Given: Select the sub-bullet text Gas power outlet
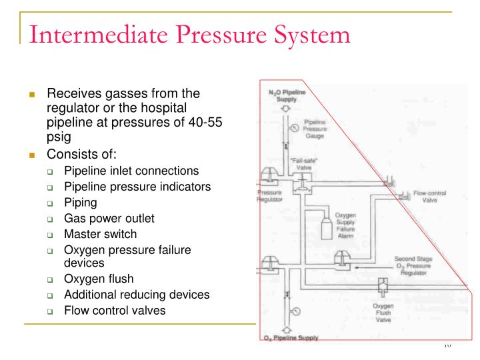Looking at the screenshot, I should (109, 218).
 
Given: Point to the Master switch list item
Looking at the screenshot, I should (100, 234).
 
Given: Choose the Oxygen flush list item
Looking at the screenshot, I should (99, 279).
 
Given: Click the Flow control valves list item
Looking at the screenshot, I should (115, 310).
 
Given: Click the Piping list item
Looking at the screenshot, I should (80, 202).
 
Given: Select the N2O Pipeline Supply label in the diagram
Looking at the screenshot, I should (287, 95).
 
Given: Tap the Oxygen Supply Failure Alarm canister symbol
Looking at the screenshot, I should (327, 227).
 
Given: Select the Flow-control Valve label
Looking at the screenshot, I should (429, 196).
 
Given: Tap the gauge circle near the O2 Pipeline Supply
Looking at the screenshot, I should (296, 311).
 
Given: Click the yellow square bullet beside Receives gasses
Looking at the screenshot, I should (31, 94).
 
